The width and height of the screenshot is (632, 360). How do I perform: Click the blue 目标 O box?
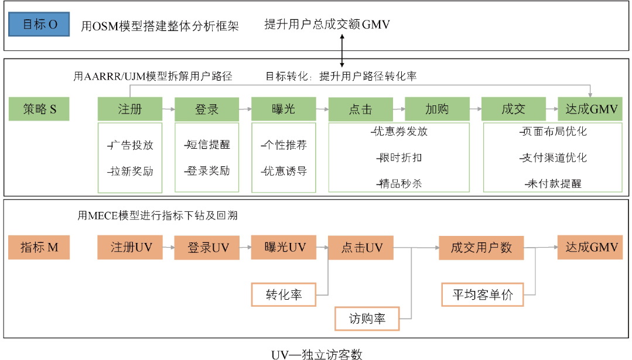40,25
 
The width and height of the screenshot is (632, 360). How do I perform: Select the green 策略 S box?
39,109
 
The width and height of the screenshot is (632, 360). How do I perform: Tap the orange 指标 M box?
39,247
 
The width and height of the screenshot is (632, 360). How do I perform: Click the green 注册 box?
130,109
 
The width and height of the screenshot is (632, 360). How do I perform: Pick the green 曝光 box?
283,109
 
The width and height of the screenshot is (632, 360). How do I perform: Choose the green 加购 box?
437,109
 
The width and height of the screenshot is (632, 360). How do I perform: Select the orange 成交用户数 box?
481,248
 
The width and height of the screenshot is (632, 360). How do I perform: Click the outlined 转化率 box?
283,294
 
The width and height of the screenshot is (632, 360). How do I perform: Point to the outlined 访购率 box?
367,319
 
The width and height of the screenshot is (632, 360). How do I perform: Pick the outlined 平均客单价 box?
482,294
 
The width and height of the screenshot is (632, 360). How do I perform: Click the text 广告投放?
131,145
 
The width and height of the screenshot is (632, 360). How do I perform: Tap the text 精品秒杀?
401,183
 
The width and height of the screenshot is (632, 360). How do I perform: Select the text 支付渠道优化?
554,157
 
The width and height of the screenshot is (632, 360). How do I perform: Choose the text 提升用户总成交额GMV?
327,25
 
